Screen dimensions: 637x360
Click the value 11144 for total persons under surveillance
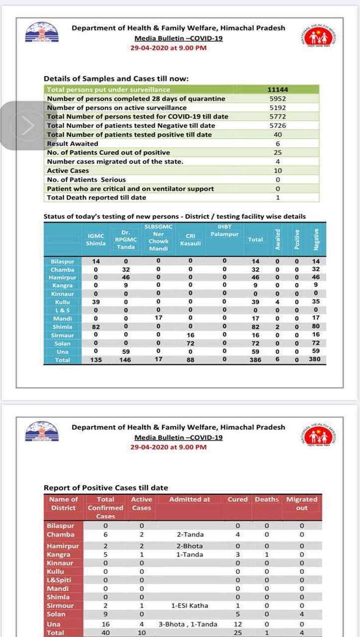[x=278, y=90]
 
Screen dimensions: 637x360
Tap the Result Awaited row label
[x=73, y=143]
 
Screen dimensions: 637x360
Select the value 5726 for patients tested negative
[x=278, y=125]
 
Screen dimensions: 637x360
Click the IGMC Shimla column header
[x=96, y=239]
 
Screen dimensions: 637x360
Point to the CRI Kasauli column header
[x=190, y=239]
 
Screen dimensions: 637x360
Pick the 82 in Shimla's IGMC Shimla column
[x=96, y=327]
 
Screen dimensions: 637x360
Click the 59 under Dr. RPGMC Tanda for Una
[x=125, y=351]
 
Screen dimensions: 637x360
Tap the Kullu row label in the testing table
[x=62, y=302]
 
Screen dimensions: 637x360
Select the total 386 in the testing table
[x=255, y=360]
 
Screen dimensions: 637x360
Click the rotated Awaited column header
[x=278, y=239]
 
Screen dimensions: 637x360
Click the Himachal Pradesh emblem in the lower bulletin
[x=42, y=431]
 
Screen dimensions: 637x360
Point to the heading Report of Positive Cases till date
[x=106, y=488]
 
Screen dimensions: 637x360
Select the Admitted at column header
[x=190, y=499]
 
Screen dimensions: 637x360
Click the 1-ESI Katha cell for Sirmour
[x=190, y=606]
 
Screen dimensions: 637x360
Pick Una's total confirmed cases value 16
[x=106, y=624]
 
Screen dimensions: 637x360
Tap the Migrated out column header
[x=302, y=503]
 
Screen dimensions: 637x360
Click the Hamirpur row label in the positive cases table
[x=63, y=546]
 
